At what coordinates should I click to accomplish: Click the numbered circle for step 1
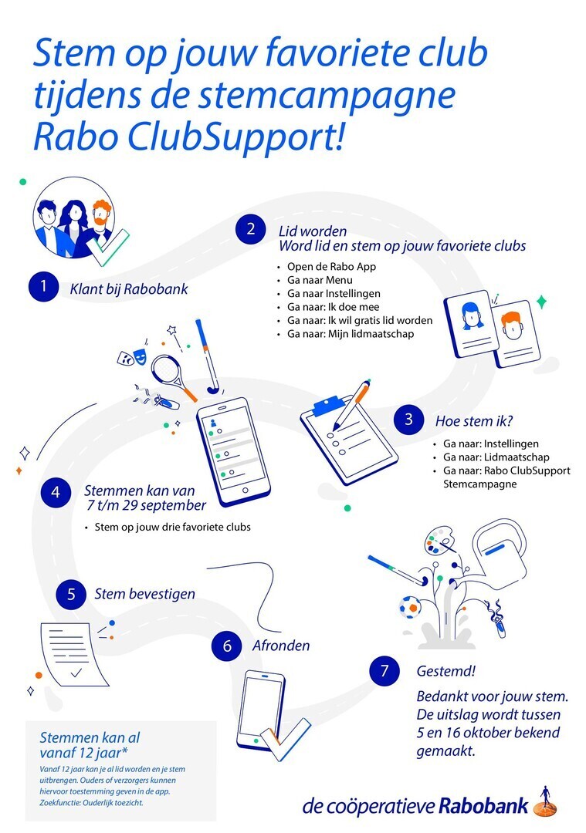pyautogui.click(x=43, y=287)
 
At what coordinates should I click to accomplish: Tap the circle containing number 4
pyautogui.click(x=56, y=492)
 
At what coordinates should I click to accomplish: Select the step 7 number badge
pyautogui.click(x=384, y=670)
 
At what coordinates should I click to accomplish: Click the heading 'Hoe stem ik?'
pyautogui.click(x=474, y=421)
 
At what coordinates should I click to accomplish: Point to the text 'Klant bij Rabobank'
pyautogui.click(x=129, y=289)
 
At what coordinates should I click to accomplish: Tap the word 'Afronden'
pyautogui.click(x=281, y=646)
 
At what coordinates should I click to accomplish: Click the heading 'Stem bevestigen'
pyautogui.click(x=144, y=594)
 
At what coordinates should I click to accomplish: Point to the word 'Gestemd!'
pyautogui.click(x=445, y=671)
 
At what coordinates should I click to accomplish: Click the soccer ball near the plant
pyautogui.click(x=410, y=606)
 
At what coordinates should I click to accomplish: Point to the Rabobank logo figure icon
pyautogui.click(x=546, y=801)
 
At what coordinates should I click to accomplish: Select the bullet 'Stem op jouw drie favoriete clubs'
pyautogui.click(x=172, y=527)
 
